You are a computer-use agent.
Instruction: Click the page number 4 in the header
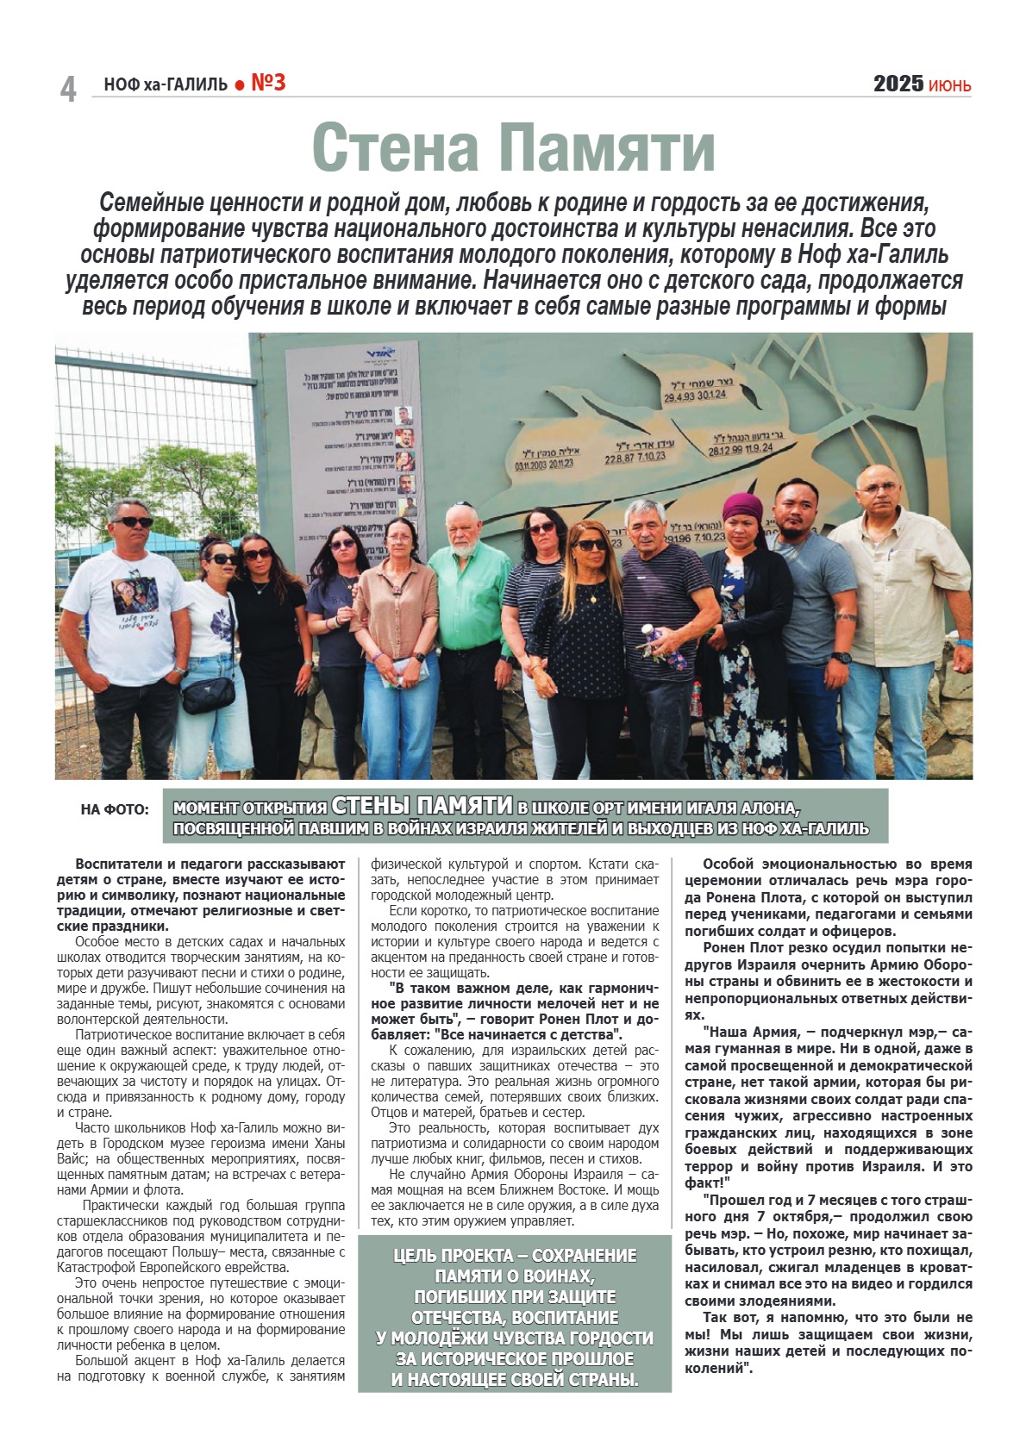click(68, 89)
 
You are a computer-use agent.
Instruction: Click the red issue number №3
click(268, 83)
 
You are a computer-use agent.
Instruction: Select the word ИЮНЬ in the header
click(949, 85)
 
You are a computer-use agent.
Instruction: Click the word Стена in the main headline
click(396, 147)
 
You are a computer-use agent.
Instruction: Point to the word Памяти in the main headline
click(608, 147)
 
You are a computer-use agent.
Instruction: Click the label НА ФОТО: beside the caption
click(114, 809)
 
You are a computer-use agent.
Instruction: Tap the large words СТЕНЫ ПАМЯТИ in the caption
click(422, 806)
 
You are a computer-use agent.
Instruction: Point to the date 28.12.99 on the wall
click(726, 450)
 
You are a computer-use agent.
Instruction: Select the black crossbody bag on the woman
click(208, 692)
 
